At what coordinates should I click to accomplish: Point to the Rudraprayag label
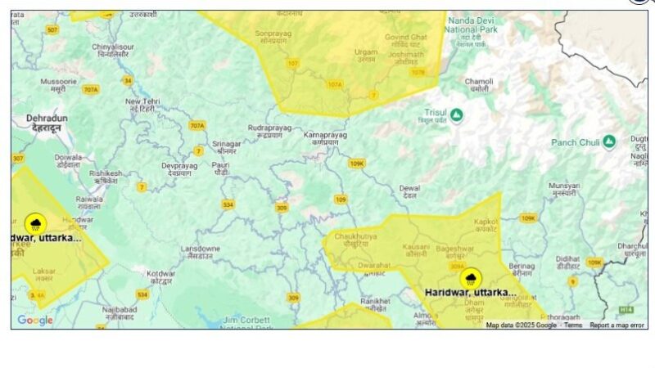tap(269, 131)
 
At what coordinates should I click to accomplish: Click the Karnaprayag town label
tap(325, 137)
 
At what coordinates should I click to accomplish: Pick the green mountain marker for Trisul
tap(456, 115)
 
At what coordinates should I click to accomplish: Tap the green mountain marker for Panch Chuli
tap(608, 142)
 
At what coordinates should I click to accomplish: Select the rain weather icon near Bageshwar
tap(470, 279)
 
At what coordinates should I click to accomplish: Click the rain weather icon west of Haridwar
tap(35, 223)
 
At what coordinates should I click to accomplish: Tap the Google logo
tap(35, 321)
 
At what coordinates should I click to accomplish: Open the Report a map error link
tap(617, 325)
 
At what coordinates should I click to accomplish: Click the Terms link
tap(573, 325)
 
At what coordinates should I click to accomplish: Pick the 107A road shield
tap(334, 84)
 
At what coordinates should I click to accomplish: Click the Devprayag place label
tap(180, 168)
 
